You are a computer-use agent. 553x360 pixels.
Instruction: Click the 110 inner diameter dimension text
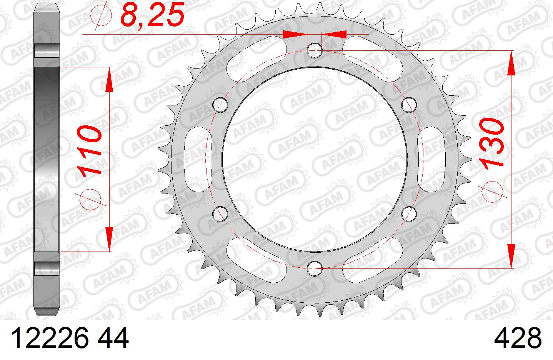point(89,151)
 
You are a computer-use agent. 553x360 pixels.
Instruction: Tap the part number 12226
point(49,338)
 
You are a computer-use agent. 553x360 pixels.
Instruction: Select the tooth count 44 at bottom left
point(113,338)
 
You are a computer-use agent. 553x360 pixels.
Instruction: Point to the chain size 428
point(518,338)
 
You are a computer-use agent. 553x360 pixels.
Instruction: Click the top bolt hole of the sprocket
point(315,50)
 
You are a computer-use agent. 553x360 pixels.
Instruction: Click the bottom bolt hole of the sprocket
point(315,268)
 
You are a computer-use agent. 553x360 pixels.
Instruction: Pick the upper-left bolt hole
point(220,105)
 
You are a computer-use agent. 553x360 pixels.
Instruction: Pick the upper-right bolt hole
point(409,105)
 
